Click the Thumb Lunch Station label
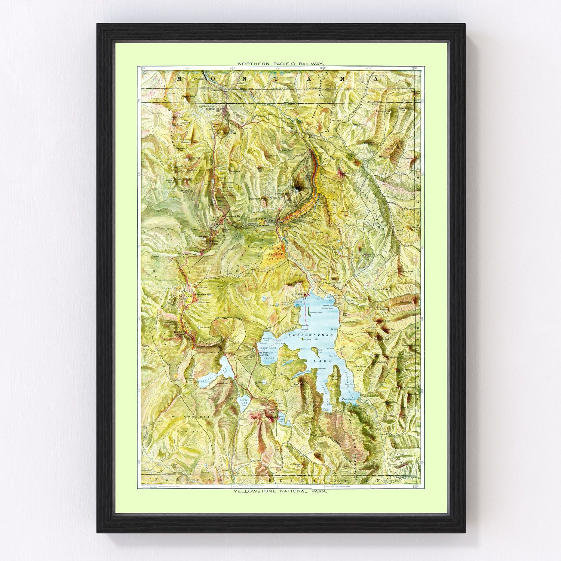pyautogui.click(x=265, y=353)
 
